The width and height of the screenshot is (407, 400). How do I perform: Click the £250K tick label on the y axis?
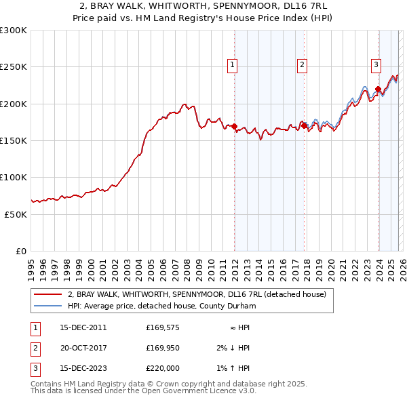pyautogui.click(x=14, y=67)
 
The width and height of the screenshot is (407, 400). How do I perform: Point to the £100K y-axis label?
pyautogui.click(x=14, y=177)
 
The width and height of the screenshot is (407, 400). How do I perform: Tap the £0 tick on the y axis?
pyautogui.click(x=21, y=251)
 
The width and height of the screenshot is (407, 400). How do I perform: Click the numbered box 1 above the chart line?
pyautogui.click(x=233, y=65)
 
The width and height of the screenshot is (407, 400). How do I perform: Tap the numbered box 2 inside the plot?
pyautogui.click(x=301, y=65)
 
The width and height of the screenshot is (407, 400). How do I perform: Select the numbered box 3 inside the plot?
pyautogui.click(x=376, y=65)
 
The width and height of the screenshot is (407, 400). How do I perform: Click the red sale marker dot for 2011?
pyautogui.click(x=234, y=126)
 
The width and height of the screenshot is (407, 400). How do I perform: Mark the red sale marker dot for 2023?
pyautogui.click(x=378, y=89)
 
